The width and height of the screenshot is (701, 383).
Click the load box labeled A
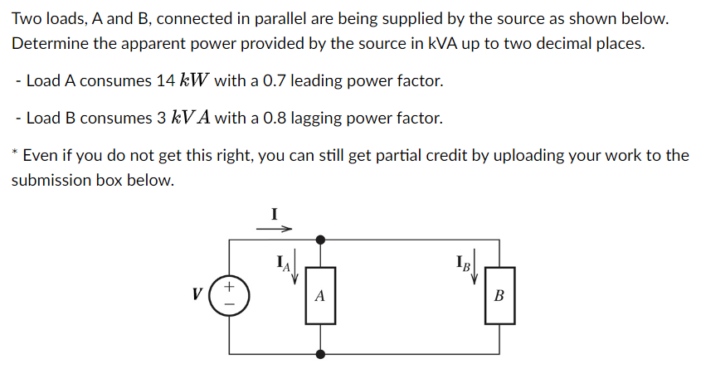point(320,295)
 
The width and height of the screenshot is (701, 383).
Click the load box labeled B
point(499,295)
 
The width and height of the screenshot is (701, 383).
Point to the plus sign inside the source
point(230,287)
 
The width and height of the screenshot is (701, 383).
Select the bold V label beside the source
point(196,294)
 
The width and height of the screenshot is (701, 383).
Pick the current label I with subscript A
point(284,264)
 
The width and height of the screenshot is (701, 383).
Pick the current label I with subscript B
point(462,264)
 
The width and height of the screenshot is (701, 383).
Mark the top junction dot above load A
point(320,240)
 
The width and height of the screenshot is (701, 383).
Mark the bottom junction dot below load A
point(320,354)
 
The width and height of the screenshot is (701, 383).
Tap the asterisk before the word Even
point(15,153)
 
